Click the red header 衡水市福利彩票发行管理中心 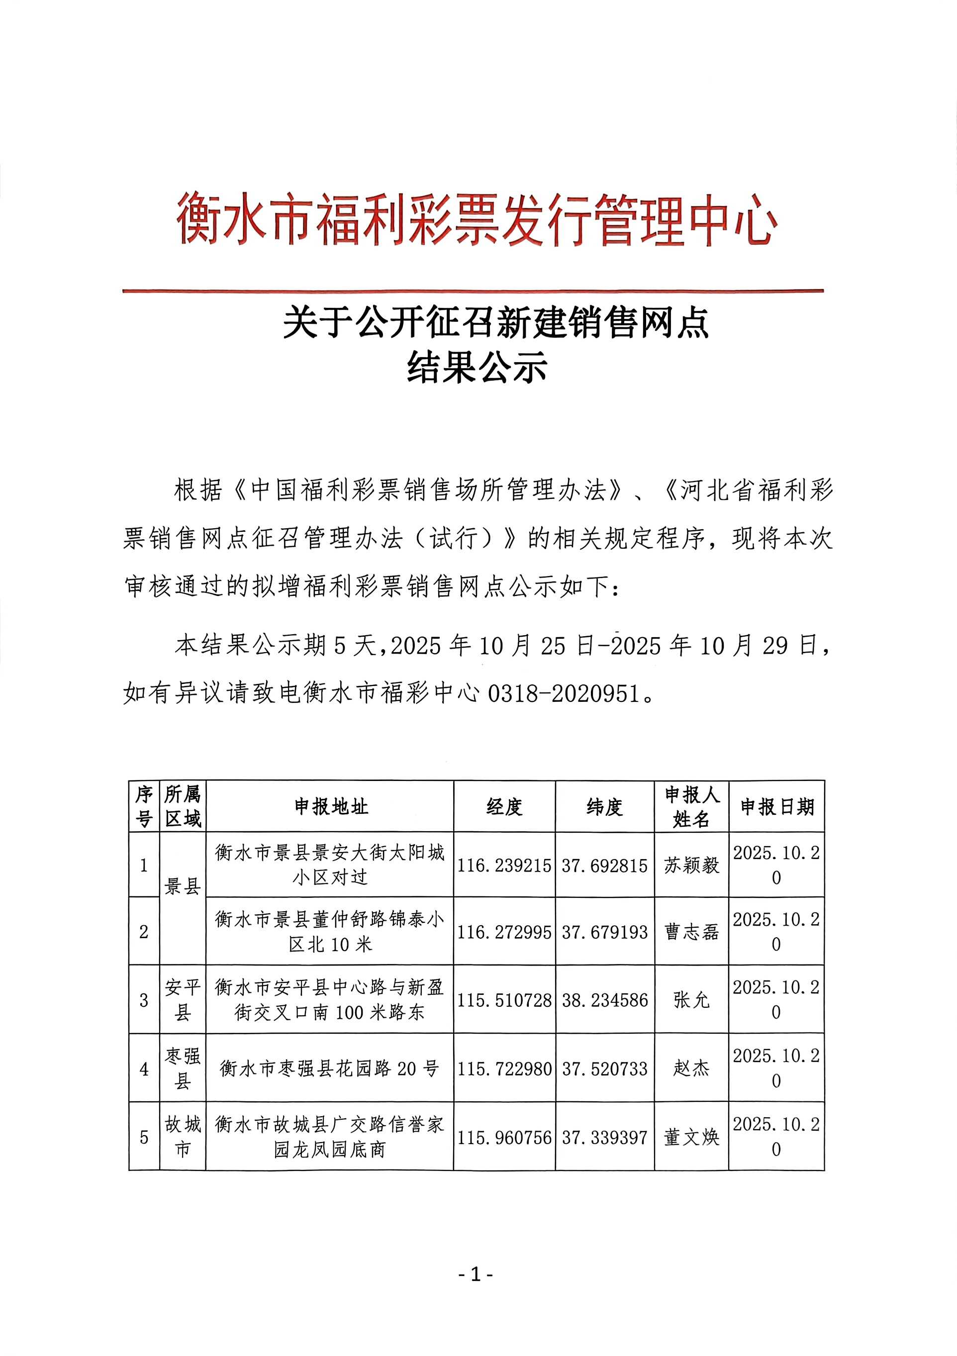[477, 220]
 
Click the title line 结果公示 [477, 367]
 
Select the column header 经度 [504, 807]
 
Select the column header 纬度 [604, 807]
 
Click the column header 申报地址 [331, 807]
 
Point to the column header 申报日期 [777, 807]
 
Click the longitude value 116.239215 [504, 866]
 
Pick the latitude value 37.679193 [604, 933]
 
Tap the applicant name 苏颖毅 [691, 866]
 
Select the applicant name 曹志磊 [691, 933]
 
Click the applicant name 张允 [691, 1000]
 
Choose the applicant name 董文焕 [691, 1138]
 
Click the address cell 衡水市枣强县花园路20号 [329, 1068]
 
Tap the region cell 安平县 [183, 1000]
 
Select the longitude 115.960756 [504, 1138]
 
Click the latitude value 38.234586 [604, 1000]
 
